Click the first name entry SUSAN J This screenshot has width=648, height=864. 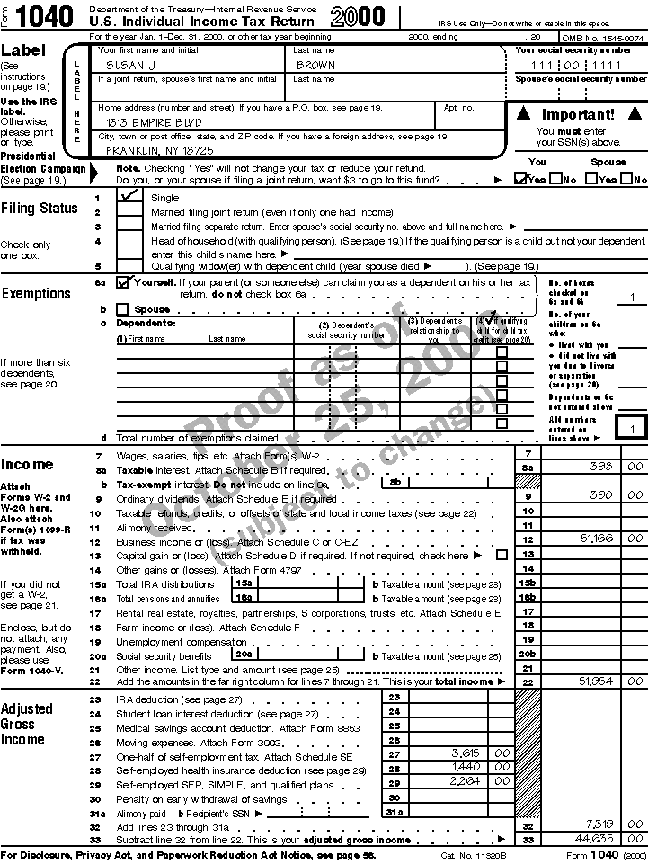(x=133, y=65)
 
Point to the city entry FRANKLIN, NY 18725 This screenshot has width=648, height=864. (x=160, y=150)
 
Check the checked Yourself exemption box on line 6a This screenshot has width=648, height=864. (x=123, y=281)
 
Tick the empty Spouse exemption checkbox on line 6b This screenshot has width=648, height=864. (x=122, y=308)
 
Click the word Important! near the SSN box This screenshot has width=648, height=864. (x=578, y=114)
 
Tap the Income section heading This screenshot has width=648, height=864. (x=27, y=464)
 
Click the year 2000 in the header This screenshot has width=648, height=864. (x=359, y=17)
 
